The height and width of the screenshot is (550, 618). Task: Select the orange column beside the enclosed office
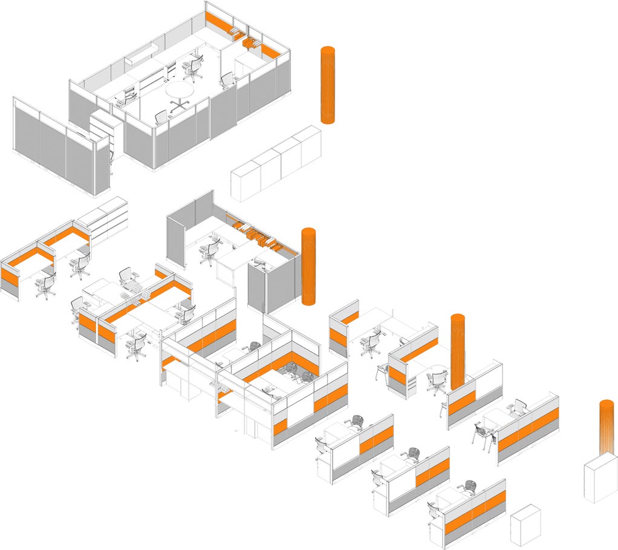327,85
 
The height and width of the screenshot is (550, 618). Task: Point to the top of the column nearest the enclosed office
327,49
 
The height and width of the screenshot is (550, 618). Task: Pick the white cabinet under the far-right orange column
600,481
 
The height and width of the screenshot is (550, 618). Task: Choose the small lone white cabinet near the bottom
524,524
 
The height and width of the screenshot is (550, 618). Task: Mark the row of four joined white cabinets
276,163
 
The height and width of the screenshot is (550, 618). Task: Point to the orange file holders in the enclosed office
249,42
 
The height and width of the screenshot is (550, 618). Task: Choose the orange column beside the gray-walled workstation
308,266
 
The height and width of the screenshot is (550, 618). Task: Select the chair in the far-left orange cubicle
45,285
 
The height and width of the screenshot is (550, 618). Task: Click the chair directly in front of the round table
161,116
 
